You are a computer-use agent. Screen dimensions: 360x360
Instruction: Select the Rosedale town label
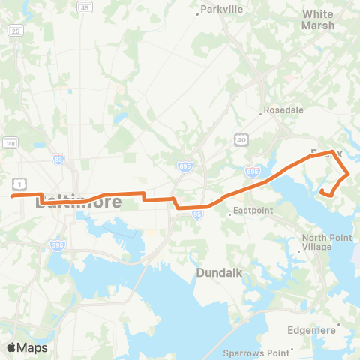click(x=284, y=109)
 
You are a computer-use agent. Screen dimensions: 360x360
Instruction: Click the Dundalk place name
click(x=219, y=274)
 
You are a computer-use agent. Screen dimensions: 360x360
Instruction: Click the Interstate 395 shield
click(x=57, y=245)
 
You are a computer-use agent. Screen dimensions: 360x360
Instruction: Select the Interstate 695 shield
click(x=253, y=171)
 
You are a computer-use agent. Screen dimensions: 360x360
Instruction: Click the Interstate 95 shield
click(x=197, y=214)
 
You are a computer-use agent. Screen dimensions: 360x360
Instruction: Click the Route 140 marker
click(x=10, y=143)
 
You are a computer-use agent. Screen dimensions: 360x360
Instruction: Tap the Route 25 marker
click(x=14, y=31)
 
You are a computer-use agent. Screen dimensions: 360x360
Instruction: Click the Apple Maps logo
click(x=27, y=347)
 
